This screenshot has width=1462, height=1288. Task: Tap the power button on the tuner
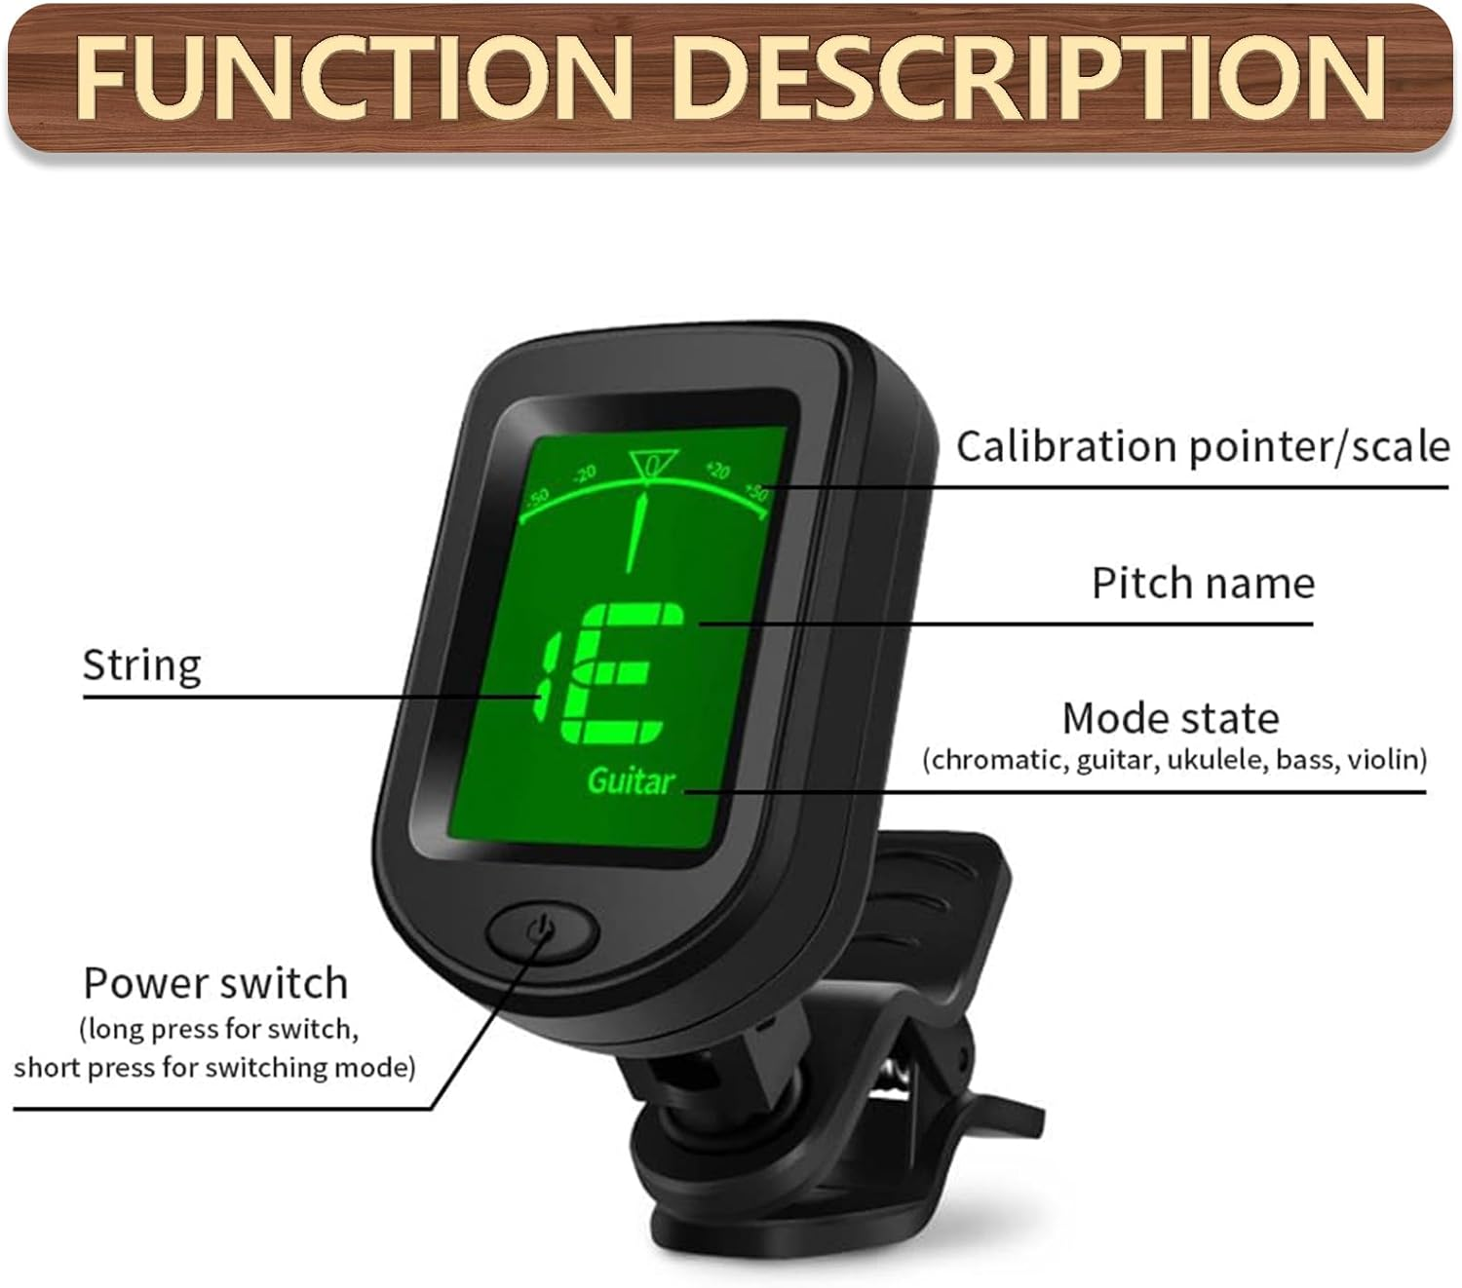point(541,932)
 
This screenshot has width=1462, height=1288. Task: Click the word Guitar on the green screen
point(631,780)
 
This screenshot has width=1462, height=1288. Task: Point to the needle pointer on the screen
point(636,531)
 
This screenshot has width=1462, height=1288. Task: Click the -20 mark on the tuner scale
point(584,474)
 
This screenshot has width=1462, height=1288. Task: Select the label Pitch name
point(1203,584)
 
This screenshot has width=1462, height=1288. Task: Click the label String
point(142,666)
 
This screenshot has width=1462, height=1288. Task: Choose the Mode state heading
point(1171,719)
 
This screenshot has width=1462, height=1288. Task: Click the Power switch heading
point(215,983)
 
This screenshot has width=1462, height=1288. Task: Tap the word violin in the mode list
point(1386,760)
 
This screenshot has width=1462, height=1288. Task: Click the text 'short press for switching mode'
point(214,1068)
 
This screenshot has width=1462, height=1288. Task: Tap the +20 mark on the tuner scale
point(718,471)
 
